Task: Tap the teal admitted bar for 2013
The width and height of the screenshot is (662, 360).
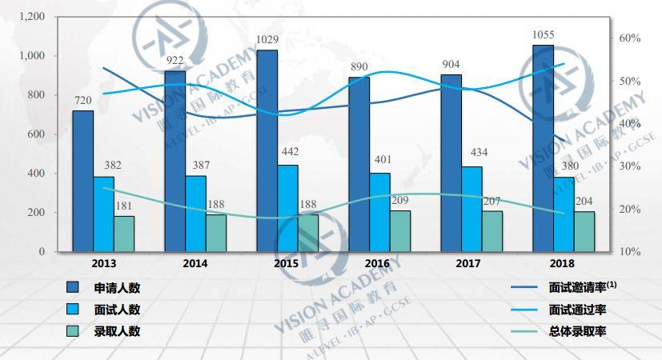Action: click(x=124, y=234)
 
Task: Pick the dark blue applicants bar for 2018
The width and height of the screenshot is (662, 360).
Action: click(x=543, y=148)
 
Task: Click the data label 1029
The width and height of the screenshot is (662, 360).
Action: click(x=267, y=39)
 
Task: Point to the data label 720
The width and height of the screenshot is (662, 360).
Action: click(x=83, y=100)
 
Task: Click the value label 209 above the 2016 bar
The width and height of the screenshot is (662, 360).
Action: click(x=400, y=200)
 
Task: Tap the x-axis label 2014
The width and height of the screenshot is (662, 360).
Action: click(x=195, y=263)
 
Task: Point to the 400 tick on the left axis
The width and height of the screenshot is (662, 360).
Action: click(x=36, y=174)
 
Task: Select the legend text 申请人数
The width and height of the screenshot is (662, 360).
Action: click(x=117, y=288)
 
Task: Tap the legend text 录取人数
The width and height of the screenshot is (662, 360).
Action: click(x=117, y=331)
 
